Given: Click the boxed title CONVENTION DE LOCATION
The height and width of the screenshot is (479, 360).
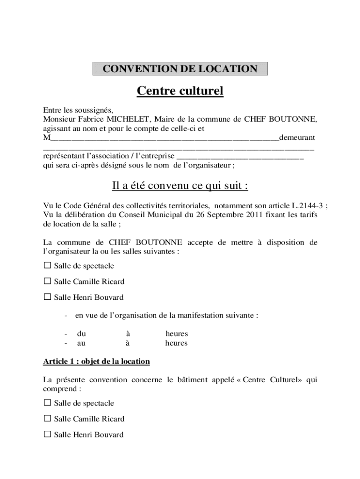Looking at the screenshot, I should [x=180, y=69].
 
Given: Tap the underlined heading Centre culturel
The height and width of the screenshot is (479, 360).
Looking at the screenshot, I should [x=180, y=91].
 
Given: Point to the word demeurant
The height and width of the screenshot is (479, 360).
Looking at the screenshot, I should [x=297, y=138].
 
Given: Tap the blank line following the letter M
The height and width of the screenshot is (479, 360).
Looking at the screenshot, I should [x=164, y=138].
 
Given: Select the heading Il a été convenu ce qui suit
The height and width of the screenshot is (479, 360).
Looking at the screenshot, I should [x=180, y=186].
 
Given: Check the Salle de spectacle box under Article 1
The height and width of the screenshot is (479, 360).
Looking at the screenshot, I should [x=47, y=403].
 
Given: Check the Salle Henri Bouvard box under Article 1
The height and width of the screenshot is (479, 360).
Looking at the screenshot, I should [x=47, y=434].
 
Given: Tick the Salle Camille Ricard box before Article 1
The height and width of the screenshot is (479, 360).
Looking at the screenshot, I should [x=47, y=281].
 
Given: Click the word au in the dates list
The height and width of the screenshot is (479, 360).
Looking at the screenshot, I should [x=81, y=343].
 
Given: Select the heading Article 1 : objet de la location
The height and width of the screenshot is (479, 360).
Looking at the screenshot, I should [x=96, y=362].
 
